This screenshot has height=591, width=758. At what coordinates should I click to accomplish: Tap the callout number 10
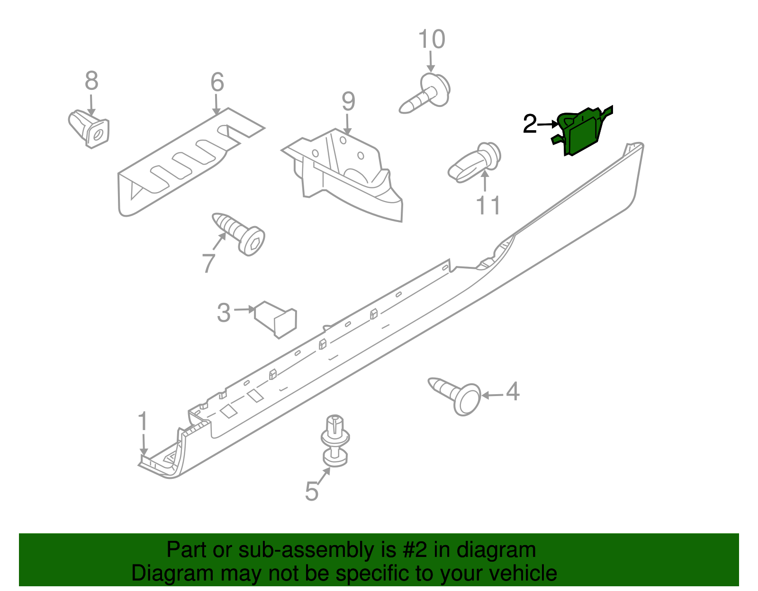pos(432,39)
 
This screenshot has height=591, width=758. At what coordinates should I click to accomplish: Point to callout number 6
pos(217,82)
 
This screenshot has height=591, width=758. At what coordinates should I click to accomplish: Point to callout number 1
pos(143,422)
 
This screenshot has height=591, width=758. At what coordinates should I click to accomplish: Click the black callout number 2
pos(530,124)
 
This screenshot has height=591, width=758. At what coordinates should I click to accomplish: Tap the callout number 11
pos(488,206)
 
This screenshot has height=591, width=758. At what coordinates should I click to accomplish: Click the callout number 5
pos(311,491)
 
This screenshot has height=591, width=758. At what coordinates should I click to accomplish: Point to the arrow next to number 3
pos(244,309)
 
